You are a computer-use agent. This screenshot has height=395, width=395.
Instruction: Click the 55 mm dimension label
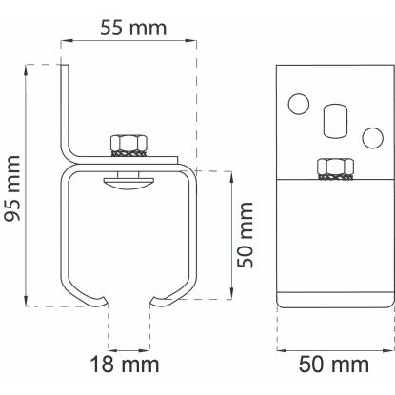(x=133, y=28)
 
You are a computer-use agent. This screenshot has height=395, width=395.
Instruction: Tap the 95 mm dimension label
(x=13, y=188)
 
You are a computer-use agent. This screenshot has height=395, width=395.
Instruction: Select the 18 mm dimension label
(x=125, y=365)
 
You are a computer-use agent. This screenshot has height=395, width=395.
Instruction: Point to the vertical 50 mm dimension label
(x=246, y=235)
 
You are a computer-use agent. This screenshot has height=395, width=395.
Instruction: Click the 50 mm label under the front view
(x=334, y=365)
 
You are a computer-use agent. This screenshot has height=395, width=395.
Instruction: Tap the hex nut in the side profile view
(x=128, y=146)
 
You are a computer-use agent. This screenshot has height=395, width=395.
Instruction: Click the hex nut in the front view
(x=336, y=168)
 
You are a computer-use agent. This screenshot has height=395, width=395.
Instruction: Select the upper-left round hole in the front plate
(x=299, y=104)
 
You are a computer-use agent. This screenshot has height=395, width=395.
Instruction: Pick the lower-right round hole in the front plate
(x=373, y=138)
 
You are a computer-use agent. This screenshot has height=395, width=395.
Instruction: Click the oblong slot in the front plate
(x=336, y=121)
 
